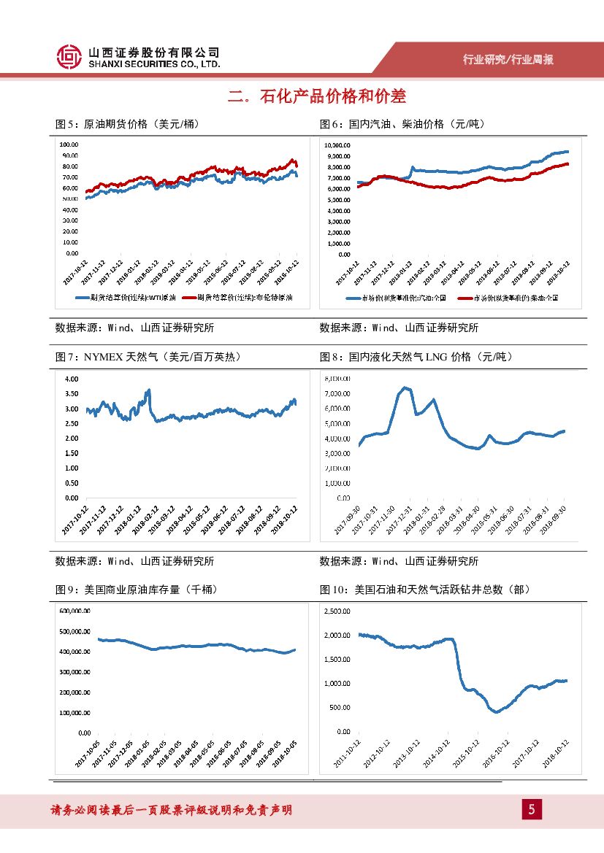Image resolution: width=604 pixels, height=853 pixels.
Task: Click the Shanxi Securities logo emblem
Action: pos(69,57)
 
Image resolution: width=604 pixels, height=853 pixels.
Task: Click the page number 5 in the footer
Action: pos(531,809)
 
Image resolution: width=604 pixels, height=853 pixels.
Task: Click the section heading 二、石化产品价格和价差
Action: pos(316,96)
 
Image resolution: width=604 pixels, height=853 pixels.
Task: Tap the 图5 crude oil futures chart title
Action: pos(128,124)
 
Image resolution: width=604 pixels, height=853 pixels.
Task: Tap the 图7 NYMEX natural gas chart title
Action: pos(148,357)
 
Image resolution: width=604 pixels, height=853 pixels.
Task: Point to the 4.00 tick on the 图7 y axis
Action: pos(72,379)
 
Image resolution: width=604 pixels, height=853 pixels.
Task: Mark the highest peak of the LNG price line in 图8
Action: pos(405,387)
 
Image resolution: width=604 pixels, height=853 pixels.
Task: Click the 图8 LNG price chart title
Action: pos(416,357)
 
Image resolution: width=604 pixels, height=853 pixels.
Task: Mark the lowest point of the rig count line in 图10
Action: pos(497,711)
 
